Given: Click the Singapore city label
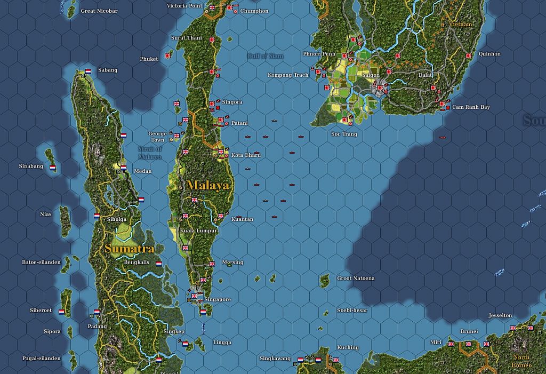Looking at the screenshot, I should click(x=218, y=299).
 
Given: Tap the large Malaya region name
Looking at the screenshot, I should click(x=208, y=185).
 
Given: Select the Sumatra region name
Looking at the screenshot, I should click(x=130, y=249).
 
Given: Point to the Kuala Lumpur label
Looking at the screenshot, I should click(x=198, y=230).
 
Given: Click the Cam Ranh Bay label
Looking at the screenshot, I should click(x=471, y=107).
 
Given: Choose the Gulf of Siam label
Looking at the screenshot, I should click(x=265, y=56).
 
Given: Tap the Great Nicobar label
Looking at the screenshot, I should click(x=99, y=11).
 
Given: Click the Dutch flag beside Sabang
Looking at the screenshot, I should click(x=88, y=71).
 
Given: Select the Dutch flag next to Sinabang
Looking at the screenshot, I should click(x=53, y=167).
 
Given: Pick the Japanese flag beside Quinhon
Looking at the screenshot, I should click(x=469, y=55).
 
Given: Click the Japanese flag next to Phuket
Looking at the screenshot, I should click(x=169, y=55).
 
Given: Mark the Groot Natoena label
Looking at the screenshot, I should click(x=356, y=278).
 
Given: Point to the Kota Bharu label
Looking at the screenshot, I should click(x=246, y=155).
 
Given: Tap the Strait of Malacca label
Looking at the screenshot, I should click(x=149, y=153).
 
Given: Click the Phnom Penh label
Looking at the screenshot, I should click(x=319, y=54).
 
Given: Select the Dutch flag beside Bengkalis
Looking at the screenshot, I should click(x=158, y=264).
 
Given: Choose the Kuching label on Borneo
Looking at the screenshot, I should click(x=348, y=347).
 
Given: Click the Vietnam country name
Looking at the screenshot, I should click(x=460, y=25).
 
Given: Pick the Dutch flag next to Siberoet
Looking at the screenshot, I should click(x=61, y=312).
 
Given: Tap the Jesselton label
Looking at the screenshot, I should click(x=500, y=315).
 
